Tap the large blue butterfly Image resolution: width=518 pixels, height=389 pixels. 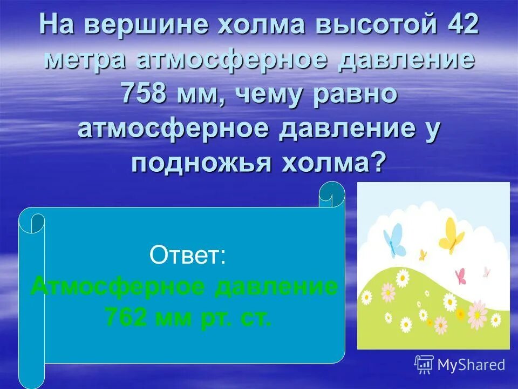point(394,239)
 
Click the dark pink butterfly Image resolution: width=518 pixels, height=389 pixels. point(460,276)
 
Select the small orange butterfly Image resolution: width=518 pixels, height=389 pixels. point(423,254)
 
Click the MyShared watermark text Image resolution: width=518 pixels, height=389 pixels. point(471,365)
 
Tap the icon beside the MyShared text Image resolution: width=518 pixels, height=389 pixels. point(424,365)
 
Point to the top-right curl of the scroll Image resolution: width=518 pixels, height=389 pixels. point(331,193)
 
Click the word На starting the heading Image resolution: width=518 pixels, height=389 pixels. point(57,25)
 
